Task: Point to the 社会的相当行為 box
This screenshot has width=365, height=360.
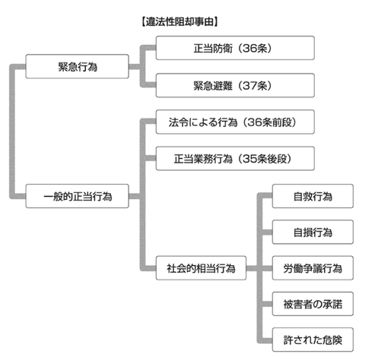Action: (x=201, y=269)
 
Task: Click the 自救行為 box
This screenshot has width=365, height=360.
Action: (x=313, y=197)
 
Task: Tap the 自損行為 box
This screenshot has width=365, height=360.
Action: (x=313, y=231)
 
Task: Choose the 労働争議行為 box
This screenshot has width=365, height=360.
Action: (x=313, y=268)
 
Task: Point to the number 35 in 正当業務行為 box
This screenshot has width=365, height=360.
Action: (x=257, y=159)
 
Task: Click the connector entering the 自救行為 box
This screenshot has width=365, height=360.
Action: (x=266, y=197)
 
